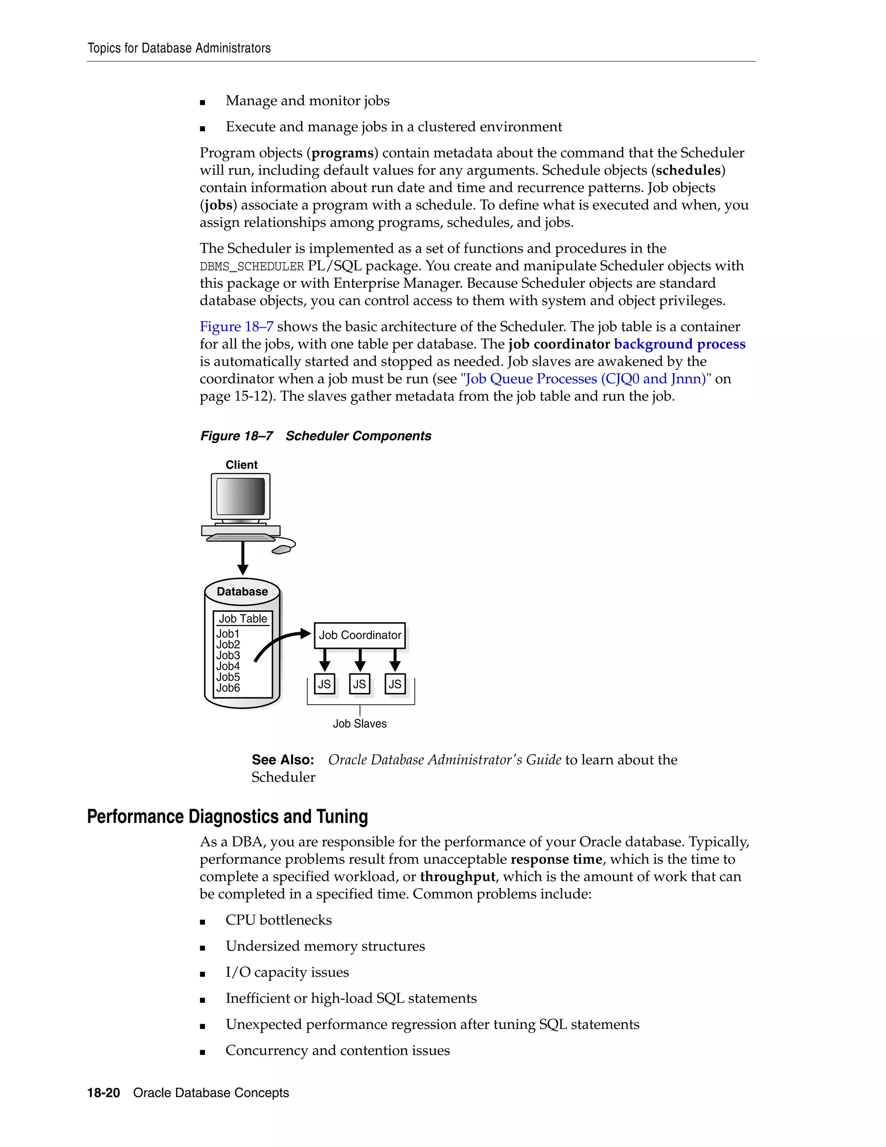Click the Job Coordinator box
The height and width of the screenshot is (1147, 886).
tap(360, 635)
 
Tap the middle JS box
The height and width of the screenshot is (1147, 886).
tap(360, 684)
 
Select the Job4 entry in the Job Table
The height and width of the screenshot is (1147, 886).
tap(228, 666)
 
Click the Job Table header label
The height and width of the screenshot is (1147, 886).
tap(243, 619)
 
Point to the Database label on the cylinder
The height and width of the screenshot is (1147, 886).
tap(242, 591)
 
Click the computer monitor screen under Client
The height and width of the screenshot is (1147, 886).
tap(241, 496)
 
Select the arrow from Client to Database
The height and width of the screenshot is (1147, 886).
tap(243, 558)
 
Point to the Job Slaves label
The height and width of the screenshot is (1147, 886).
tap(360, 724)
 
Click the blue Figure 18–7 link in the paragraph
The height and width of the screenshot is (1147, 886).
tap(236, 327)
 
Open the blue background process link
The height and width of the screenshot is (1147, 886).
tap(679, 344)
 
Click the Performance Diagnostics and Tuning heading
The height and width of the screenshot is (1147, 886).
tap(227, 817)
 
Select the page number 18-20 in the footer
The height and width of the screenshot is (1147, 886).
tap(103, 1093)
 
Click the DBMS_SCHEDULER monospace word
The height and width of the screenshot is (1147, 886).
tap(252, 266)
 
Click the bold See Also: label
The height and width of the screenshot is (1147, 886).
tap(282, 760)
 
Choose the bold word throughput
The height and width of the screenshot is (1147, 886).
tap(457, 876)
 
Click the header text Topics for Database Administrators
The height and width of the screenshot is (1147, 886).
tap(179, 48)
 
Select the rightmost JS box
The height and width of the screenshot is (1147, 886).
tap(395, 684)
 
